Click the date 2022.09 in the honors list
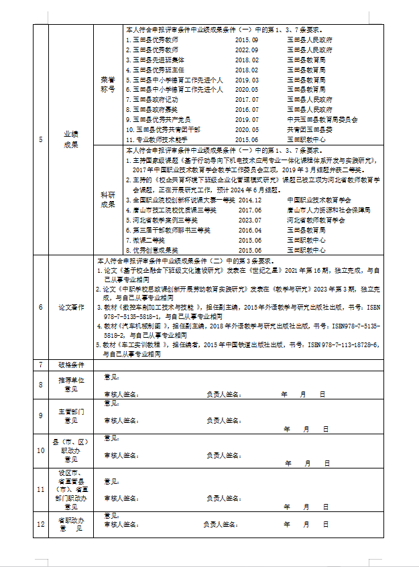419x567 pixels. (246, 50)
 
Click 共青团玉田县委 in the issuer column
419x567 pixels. (309, 129)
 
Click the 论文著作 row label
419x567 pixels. (70, 307)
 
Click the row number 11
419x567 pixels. (40, 489)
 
